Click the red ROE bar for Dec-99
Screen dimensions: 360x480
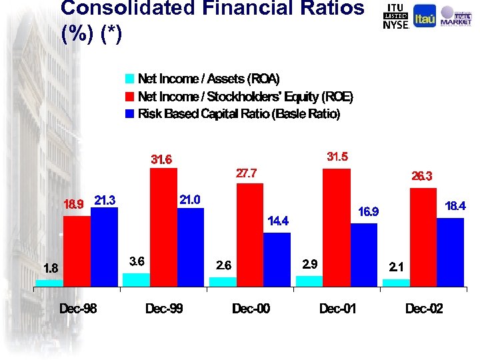coord(163,227)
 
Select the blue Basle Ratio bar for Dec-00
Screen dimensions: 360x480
coord(277,259)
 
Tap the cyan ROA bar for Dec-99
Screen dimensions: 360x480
coord(136,279)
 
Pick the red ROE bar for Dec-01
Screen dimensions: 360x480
coord(336,227)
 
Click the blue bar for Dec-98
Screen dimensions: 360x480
coord(104,247)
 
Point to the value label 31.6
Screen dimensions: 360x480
coord(161,160)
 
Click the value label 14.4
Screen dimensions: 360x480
coord(278,220)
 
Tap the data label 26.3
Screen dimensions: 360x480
coord(422,177)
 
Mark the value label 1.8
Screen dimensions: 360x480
coord(51,269)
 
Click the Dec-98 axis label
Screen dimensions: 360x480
coord(78,309)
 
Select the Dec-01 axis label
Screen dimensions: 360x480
coord(337,309)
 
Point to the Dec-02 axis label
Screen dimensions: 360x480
coord(424,309)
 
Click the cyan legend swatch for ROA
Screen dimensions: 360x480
coord(130,79)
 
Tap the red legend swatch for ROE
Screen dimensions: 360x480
coord(130,97)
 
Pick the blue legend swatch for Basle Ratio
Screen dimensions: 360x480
coord(130,114)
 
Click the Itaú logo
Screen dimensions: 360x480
coord(425,17)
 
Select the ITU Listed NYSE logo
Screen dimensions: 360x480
coord(396,16)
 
